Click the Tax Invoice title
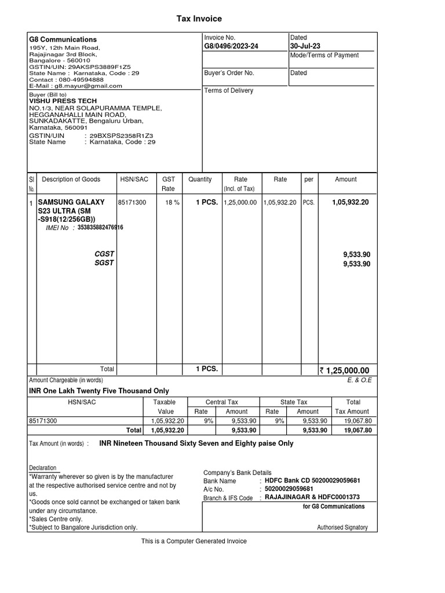click(x=199, y=19)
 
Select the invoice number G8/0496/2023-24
click(x=232, y=46)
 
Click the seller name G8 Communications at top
click(x=63, y=39)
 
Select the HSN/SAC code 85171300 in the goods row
click(x=132, y=203)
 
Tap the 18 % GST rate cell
click(x=173, y=203)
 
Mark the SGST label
click(x=105, y=263)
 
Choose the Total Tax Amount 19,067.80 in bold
click(x=358, y=430)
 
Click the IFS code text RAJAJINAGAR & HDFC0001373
click(x=312, y=497)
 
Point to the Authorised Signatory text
click(x=342, y=528)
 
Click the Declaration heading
click(x=43, y=468)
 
